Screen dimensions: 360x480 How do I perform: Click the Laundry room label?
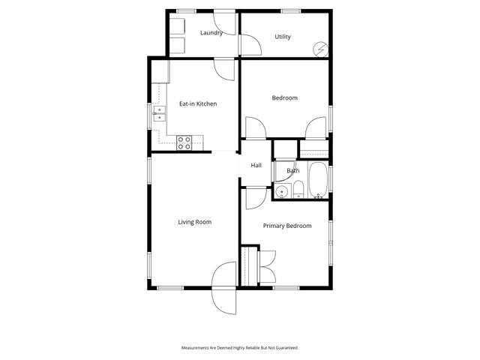(x=211, y=33)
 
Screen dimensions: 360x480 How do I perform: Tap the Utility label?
(x=283, y=37)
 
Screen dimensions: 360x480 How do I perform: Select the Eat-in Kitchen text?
(x=198, y=103)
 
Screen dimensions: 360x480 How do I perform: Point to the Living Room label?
(x=194, y=221)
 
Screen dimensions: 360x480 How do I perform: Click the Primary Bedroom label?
(x=287, y=225)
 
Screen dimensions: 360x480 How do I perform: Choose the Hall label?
(x=256, y=165)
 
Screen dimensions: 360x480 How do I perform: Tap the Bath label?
(x=292, y=171)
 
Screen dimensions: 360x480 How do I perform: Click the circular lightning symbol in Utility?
(x=320, y=49)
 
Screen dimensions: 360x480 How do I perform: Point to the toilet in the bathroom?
(x=298, y=188)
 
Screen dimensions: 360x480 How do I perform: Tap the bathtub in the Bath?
(x=318, y=180)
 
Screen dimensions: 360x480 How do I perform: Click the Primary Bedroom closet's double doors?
(x=265, y=266)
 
